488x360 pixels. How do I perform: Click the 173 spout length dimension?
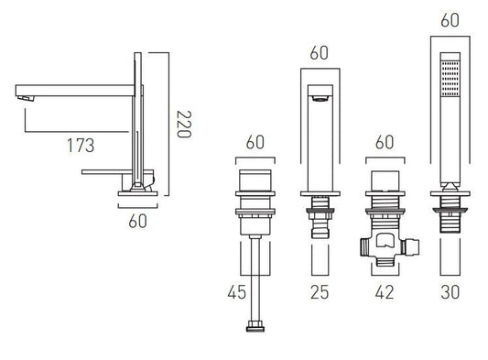[x=81, y=145]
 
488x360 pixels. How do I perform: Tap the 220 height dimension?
[x=184, y=124]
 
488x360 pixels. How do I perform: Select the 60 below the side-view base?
[x=137, y=221]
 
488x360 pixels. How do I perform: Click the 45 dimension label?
[x=237, y=292]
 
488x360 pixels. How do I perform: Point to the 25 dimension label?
[x=320, y=292]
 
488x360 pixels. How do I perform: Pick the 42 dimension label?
[x=385, y=292]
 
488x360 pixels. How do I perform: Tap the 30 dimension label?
[x=450, y=292]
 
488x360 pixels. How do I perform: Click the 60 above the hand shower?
[x=450, y=20]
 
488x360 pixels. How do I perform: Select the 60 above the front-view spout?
[x=319, y=52]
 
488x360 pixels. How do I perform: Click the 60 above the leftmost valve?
[x=255, y=142]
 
